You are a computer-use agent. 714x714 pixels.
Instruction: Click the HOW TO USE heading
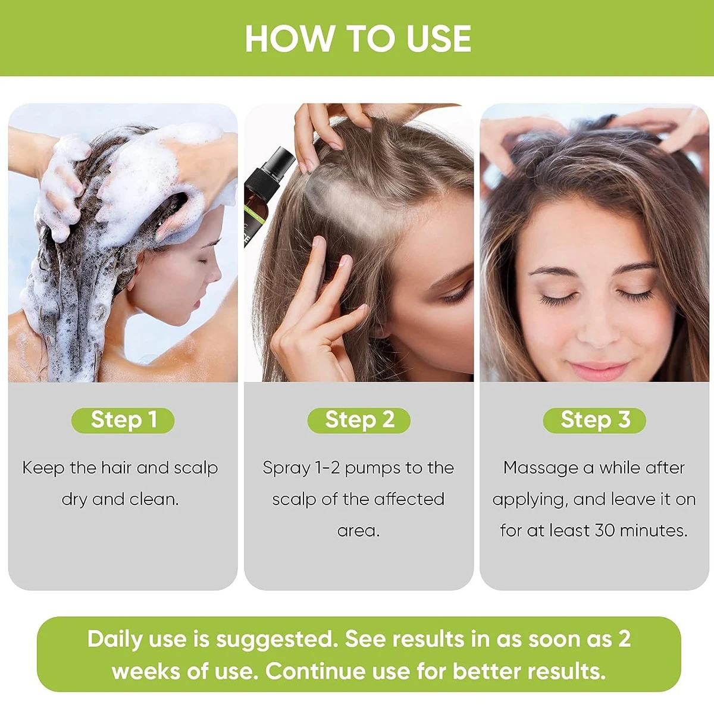pos(358,39)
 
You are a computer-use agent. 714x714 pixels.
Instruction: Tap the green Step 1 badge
pos(123,420)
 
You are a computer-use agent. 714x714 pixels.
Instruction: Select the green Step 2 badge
pos(359,420)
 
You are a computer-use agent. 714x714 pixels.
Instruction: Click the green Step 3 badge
pos(594,420)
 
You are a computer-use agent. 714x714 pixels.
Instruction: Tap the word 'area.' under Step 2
pos(358,530)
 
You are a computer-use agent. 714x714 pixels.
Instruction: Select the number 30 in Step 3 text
pos(605,530)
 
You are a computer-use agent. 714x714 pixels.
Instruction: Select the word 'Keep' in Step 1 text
pos(43,468)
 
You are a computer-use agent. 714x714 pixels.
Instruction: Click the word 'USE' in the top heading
pos(438,39)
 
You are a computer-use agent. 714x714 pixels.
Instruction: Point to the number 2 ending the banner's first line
pos(624,639)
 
